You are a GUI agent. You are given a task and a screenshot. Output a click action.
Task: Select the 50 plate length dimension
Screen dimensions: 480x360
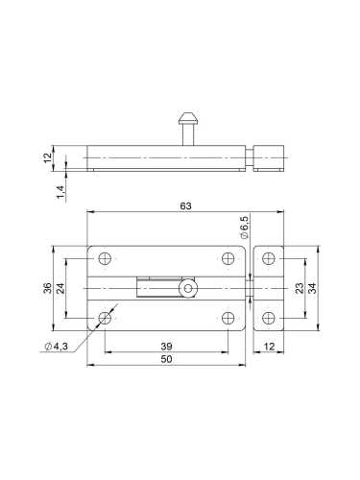tap(166, 358)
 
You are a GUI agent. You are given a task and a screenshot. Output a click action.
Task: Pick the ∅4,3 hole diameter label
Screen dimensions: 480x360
tap(57, 347)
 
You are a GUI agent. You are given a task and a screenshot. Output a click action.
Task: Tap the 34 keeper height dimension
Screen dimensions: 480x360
tap(314, 288)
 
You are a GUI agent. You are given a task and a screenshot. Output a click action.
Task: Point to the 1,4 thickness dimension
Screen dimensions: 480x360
tap(60, 191)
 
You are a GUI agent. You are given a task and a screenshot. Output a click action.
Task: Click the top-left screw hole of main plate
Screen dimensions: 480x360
tap(105, 257)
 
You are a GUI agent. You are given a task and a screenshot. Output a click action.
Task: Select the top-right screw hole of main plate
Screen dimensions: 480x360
tap(228, 257)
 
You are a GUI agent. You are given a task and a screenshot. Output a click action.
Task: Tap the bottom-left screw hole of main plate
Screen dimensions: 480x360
tap(105, 318)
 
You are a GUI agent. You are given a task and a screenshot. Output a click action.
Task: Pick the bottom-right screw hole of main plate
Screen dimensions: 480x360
tap(228, 318)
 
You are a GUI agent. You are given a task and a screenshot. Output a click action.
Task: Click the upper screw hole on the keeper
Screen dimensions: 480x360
tap(270, 258)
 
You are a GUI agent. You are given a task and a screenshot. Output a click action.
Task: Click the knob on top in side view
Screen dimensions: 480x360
tap(187, 122)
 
